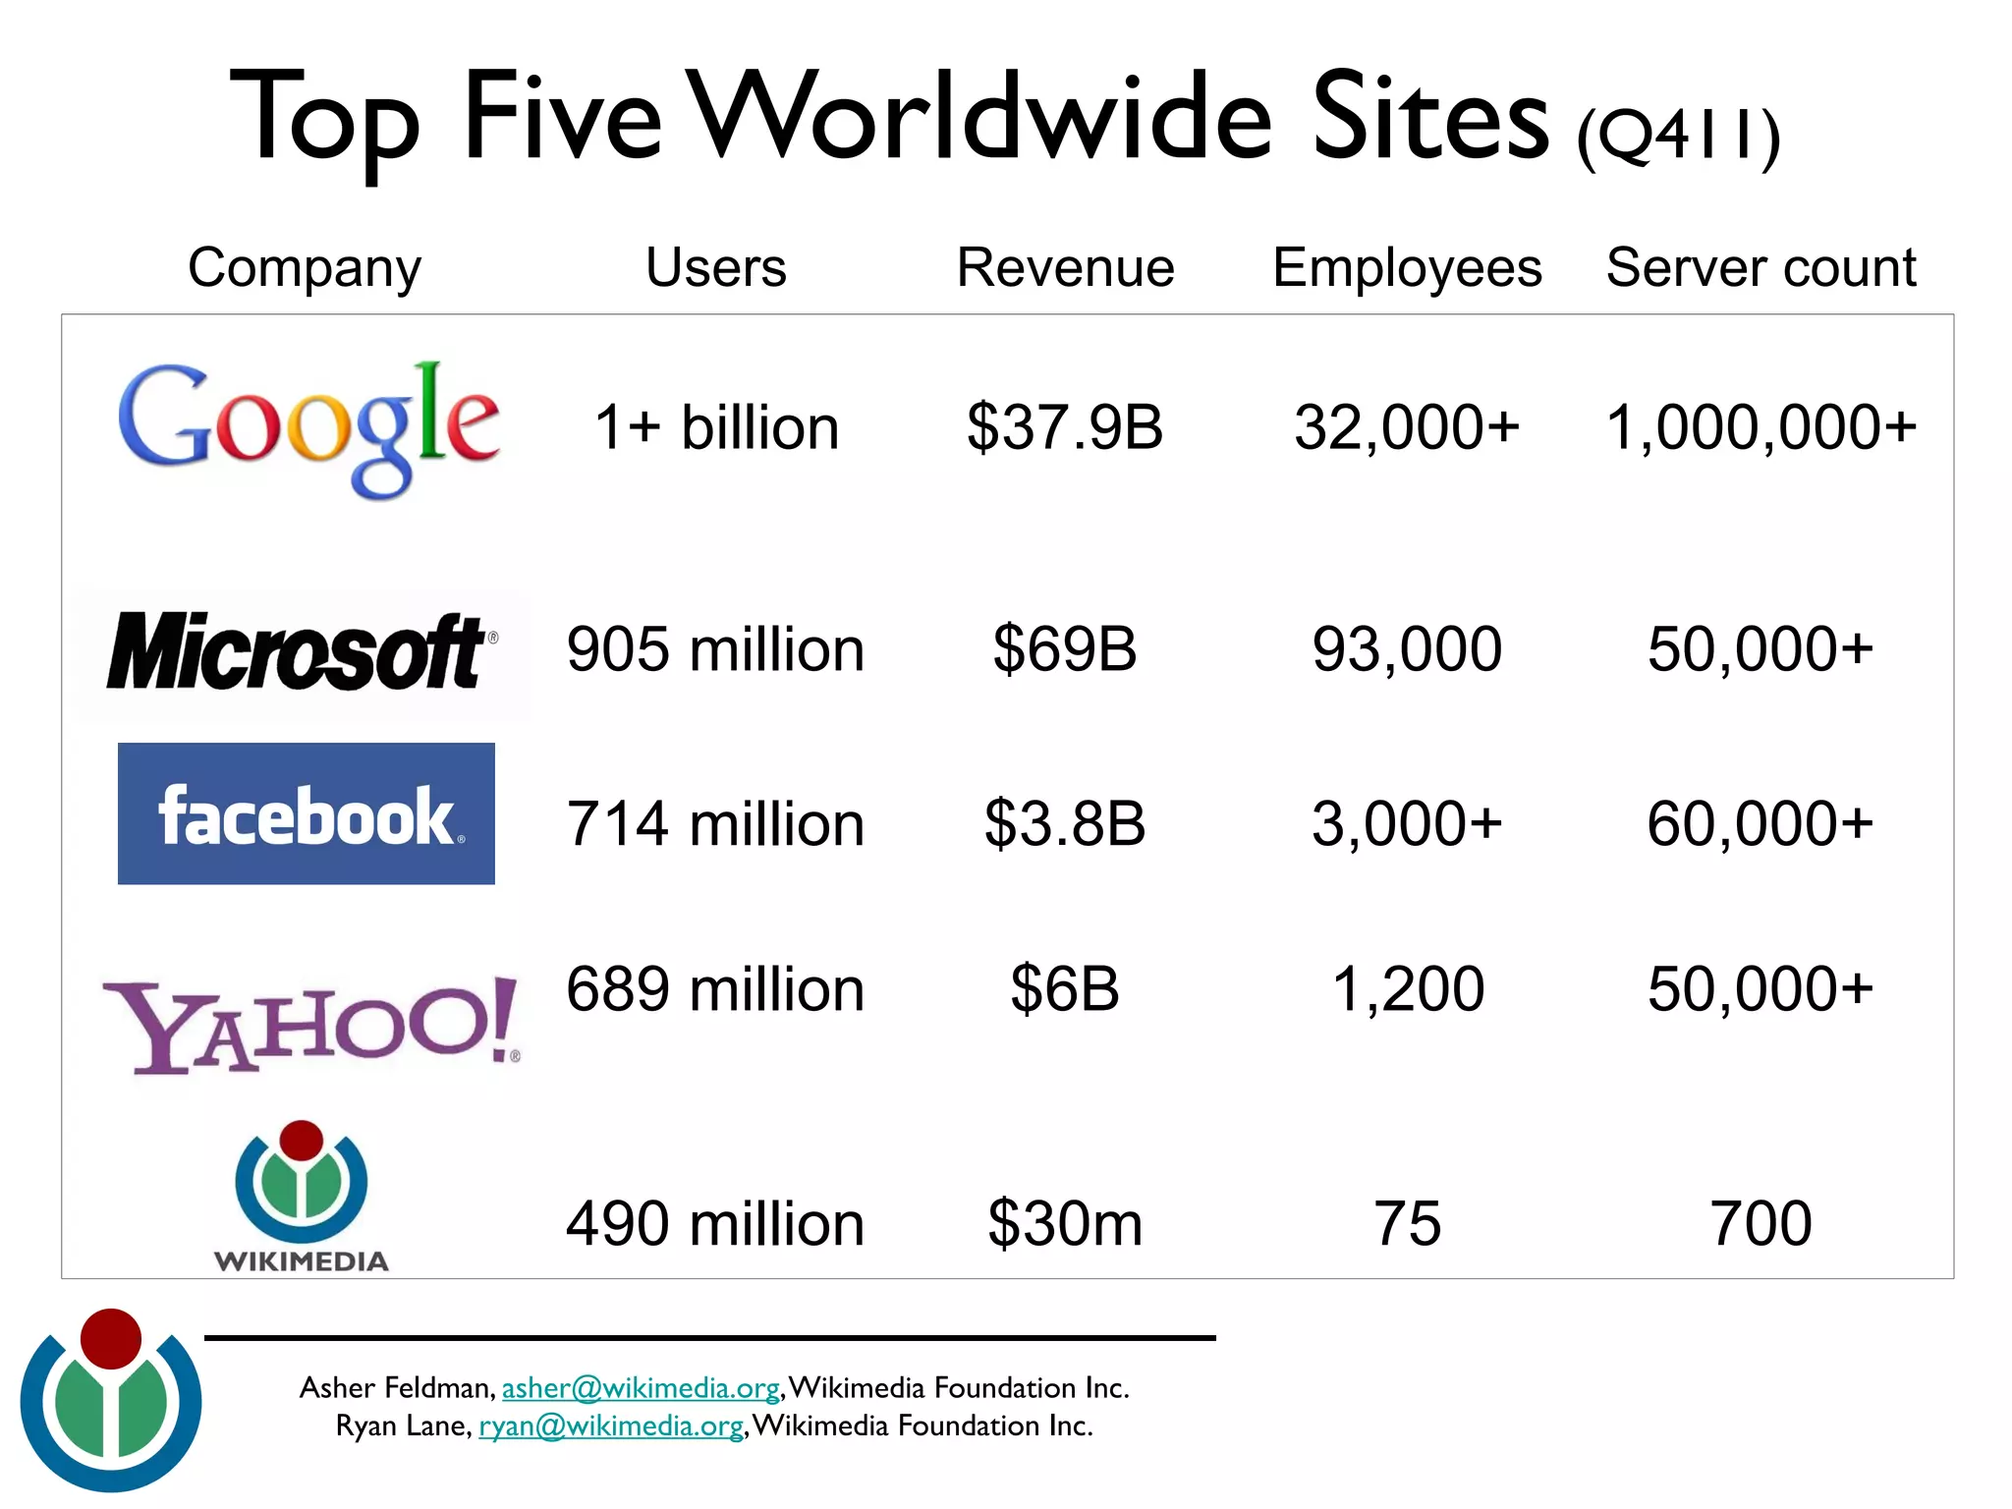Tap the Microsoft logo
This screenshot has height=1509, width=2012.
tap(300, 651)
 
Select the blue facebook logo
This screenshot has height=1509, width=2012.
tap(306, 813)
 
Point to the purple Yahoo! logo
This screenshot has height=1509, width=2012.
tap(310, 1024)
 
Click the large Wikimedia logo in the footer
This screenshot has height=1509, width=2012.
tap(111, 1400)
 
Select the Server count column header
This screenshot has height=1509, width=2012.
tap(1760, 267)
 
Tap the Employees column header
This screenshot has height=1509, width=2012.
tap(1407, 267)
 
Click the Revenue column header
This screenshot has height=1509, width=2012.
tap(1065, 267)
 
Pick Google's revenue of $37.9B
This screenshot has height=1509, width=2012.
tap(1065, 427)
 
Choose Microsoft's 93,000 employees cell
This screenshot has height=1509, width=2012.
tap(1407, 649)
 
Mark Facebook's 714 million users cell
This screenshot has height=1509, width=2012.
tap(715, 823)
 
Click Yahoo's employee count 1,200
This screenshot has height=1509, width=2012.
tap(1407, 988)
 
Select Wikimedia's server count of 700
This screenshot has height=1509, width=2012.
tap(1760, 1224)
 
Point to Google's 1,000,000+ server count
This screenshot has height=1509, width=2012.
tap(1760, 427)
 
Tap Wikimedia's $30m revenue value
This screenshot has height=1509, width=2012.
tap(1065, 1224)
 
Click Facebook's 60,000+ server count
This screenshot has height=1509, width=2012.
tap(1760, 823)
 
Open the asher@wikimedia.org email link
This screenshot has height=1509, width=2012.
tap(641, 1388)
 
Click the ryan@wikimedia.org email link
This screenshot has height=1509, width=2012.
tap(610, 1425)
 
